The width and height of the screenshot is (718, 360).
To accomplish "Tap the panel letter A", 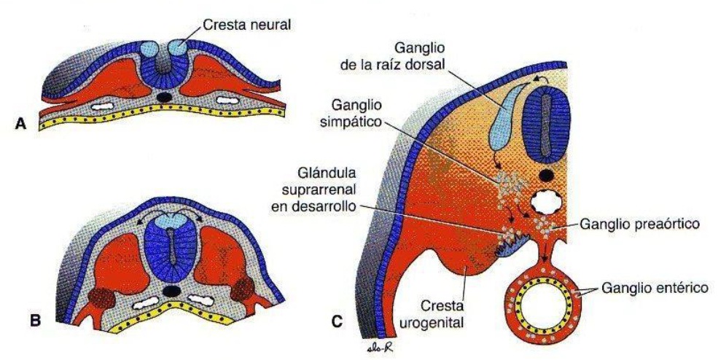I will (22, 126).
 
